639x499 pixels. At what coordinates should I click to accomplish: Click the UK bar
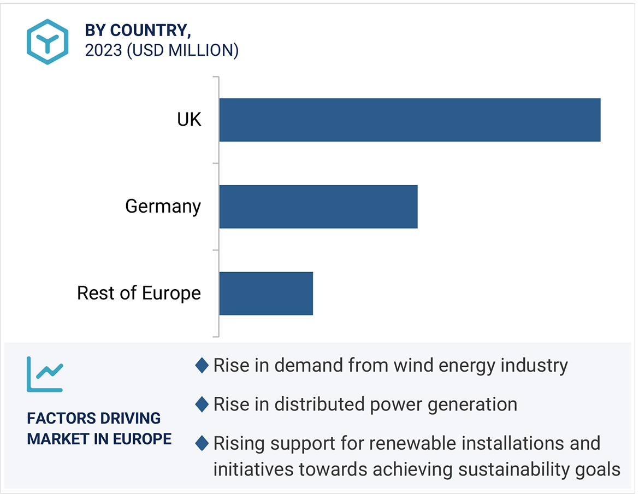coord(410,120)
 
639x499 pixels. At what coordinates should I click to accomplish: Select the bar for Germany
coord(318,207)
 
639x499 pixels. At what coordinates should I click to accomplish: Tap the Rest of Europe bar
coord(266,293)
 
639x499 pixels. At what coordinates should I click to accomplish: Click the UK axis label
coord(189,120)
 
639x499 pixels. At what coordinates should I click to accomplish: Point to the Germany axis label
coord(163,207)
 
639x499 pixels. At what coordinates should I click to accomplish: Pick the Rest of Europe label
coord(139,293)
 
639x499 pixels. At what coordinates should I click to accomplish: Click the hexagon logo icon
coord(48,42)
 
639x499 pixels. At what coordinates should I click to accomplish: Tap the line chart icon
coord(45,374)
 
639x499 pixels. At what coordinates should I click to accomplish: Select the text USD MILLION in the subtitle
coord(182,50)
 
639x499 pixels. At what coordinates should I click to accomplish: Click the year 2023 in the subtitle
coord(103,50)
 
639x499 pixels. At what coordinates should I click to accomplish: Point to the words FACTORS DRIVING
coord(94,419)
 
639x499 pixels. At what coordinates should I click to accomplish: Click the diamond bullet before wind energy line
coord(202,366)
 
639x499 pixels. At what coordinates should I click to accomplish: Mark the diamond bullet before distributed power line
coord(202,404)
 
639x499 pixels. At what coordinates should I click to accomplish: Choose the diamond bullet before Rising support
coord(202,443)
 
